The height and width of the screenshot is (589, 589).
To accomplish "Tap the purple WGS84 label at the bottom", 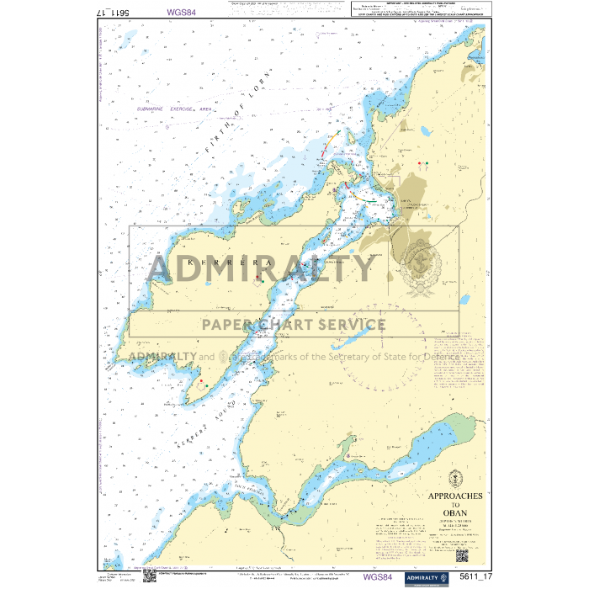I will (377, 576).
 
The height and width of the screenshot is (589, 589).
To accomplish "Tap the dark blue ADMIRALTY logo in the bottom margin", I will (422, 576).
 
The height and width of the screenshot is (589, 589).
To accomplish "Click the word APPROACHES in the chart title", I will (454, 496).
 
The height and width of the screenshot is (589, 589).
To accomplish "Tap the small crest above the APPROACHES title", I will (455, 475).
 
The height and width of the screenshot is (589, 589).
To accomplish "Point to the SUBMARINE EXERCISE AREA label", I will (172, 109).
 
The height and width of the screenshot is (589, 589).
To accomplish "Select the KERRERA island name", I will (221, 263).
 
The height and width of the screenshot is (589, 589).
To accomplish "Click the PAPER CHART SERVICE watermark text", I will (293, 324).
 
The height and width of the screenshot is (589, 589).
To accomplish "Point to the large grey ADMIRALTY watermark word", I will (261, 269).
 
